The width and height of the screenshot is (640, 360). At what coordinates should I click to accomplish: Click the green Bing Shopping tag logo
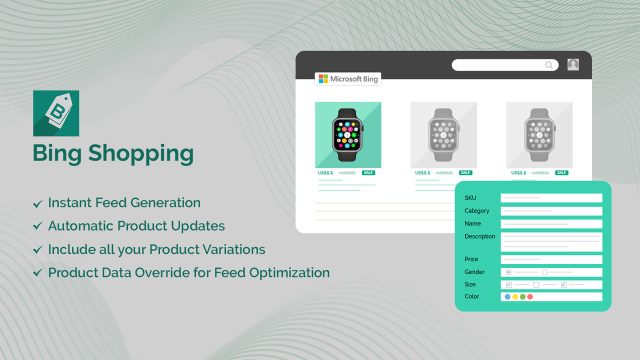pyautogui.click(x=56, y=113)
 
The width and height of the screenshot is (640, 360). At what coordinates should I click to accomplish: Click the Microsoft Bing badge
pyautogui.click(x=348, y=79)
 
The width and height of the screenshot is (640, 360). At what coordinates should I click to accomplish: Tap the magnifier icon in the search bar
pyautogui.click(x=548, y=65)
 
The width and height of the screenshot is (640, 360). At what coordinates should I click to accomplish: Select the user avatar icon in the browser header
pyautogui.click(x=573, y=64)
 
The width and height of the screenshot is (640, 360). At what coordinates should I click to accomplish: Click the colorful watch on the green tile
pyautogui.click(x=348, y=134)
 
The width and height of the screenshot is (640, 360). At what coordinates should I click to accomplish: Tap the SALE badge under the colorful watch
pyautogui.click(x=368, y=173)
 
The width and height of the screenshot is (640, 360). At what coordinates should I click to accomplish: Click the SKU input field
pyautogui.click(x=551, y=198)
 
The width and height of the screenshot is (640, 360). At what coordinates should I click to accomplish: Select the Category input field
pyautogui.click(x=551, y=211)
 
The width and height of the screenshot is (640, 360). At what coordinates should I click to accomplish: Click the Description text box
pyautogui.click(x=551, y=241)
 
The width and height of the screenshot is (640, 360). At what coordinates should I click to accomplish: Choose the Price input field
pyautogui.click(x=551, y=259)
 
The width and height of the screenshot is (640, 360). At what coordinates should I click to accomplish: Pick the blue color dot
pyautogui.click(x=507, y=297)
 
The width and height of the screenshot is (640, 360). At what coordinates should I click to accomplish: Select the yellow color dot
pyautogui.click(x=515, y=297)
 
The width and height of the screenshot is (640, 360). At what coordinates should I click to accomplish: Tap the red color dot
pyautogui.click(x=530, y=297)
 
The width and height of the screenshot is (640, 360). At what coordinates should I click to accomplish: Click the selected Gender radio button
pyautogui.click(x=508, y=272)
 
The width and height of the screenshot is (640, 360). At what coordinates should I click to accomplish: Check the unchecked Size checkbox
pyautogui.click(x=536, y=285)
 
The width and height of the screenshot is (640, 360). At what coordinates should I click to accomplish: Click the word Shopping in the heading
pyautogui.click(x=140, y=154)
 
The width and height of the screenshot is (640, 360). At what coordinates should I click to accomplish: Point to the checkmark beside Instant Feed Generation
pyautogui.click(x=37, y=204)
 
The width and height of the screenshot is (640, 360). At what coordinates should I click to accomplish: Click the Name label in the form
pyautogui.click(x=472, y=223)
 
